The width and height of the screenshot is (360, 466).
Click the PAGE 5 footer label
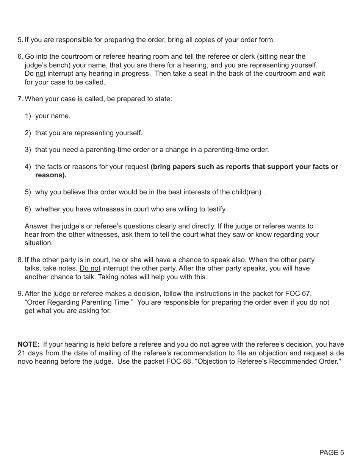[332, 452]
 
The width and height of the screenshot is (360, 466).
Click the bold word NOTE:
[28, 344]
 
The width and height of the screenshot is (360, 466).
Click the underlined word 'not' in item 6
[40, 73]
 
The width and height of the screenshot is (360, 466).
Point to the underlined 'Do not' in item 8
[90, 268]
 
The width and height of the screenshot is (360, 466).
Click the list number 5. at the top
[20, 40]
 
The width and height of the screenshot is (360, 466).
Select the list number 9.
[20, 294]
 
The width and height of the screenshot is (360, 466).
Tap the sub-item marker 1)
[28, 116]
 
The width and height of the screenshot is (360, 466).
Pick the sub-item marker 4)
[28, 167]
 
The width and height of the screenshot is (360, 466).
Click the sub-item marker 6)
[28, 209]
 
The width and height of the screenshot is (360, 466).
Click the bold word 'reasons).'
[51, 175]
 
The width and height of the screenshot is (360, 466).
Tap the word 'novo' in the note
[25, 361]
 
